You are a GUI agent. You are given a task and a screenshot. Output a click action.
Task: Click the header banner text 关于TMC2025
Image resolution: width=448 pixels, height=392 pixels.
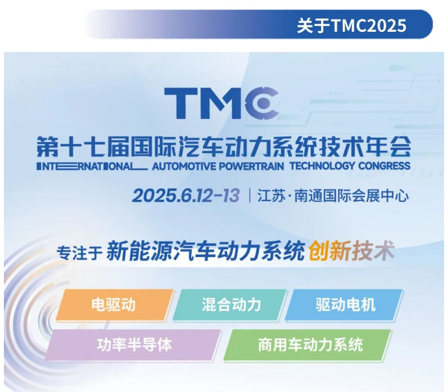click(351, 26)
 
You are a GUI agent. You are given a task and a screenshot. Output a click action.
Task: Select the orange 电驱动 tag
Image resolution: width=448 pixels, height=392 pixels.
click(114, 304)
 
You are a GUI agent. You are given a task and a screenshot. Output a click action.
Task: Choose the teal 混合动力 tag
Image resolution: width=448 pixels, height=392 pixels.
click(230, 304)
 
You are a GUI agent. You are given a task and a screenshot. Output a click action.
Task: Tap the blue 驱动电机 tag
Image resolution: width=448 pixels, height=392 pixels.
click(344, 304)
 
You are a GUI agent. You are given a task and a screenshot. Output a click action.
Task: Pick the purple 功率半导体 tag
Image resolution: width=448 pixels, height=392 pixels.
click(134, 345)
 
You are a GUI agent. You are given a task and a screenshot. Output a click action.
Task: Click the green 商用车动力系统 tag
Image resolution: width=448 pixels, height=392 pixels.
click(308, 345)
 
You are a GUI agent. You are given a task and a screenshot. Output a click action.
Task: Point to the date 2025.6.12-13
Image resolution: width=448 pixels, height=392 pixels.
click(186, 195)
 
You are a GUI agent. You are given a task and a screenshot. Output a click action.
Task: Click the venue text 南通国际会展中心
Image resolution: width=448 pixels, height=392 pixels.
click(351, 196)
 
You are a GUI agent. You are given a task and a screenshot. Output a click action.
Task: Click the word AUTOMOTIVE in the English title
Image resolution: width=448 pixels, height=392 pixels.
click(184, 166)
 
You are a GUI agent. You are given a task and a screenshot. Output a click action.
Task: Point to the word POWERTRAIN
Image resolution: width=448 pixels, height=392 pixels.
click(252, 166)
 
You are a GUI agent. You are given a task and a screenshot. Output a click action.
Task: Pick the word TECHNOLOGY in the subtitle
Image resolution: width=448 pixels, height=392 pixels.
click(323, 165)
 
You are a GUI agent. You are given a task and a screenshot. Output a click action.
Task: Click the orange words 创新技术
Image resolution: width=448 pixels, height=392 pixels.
click(352, 251)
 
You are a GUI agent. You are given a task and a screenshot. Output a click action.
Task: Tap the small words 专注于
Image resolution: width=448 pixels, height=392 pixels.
click(79, 252)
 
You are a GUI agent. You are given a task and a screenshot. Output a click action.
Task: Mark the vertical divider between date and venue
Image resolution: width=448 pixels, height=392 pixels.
click(250, 195)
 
